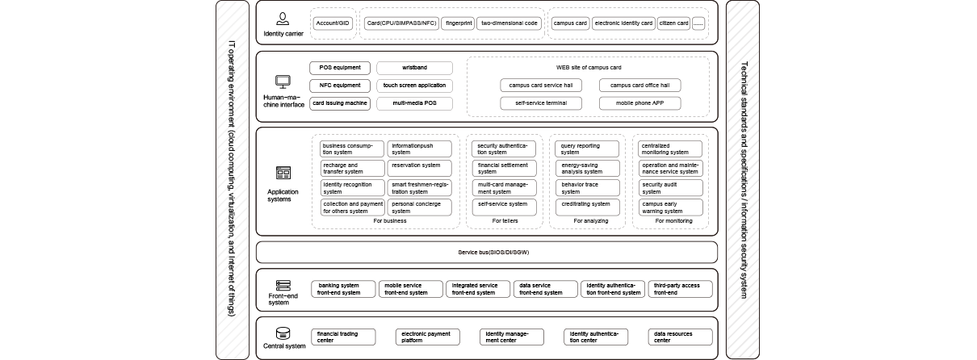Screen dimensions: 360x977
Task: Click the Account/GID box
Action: pyautogui.click(x=333, y=23)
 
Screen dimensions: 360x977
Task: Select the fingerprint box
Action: pyautogui.click(x=457, y=23)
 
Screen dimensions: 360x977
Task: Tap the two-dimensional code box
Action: pyautogui.click(x=509, y=23)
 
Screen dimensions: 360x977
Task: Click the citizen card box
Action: pyautogui.click(x=673, y=23)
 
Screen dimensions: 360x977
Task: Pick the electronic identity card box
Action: pyautogui.click(x=623, y=23)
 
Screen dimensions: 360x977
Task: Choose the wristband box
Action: pyautogui.click(x=415, y=68)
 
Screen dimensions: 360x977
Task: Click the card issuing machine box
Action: pyautogui.click(x=340, y=103)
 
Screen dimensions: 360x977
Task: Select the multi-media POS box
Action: pyautogui.click(x=415, y=103)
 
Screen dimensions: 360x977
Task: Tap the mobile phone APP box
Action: pyautogui.click(x=639, y=103)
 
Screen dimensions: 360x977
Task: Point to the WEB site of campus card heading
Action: pyautogui.click(x=589, y=68)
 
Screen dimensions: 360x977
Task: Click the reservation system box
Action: pyautogui.click(x=421, y=168)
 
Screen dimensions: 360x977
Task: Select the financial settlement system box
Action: pyautogui.click(x=504, y=168)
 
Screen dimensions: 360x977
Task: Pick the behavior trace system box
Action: pyautogui.click(x=587, y=188)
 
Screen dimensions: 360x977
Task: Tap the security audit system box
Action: pyautogui.click(x=669, y=188)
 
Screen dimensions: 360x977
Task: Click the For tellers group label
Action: pyautogui.click(x=505, y=220)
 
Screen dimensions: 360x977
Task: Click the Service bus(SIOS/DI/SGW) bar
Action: pyautogui.click(x=486, y=253)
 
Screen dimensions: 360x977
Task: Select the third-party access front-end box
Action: pyautogui.click(x=680, y=289)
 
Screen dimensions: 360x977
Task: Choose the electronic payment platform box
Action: pyautogui.click(x=427, y=337)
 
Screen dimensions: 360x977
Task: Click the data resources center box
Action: pyautogui.click(x=680, y=337)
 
